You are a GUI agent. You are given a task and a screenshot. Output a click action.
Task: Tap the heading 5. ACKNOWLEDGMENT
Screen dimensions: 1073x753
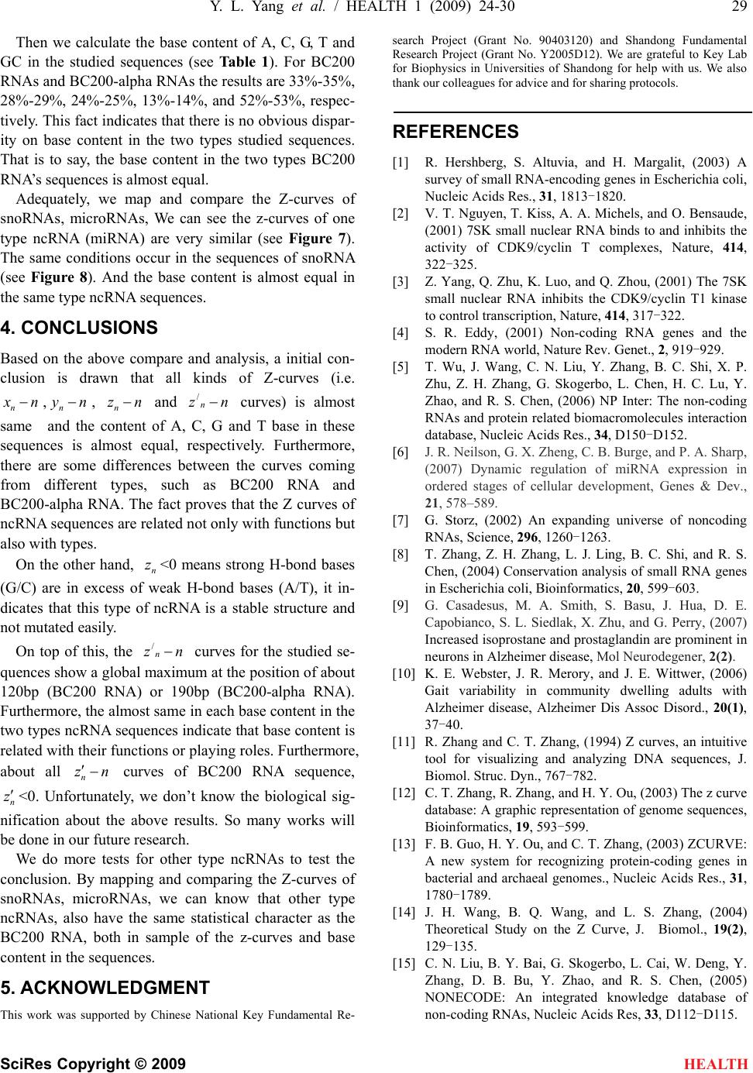pos(106,988)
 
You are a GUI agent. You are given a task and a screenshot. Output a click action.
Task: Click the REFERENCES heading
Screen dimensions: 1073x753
pos(456,132)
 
